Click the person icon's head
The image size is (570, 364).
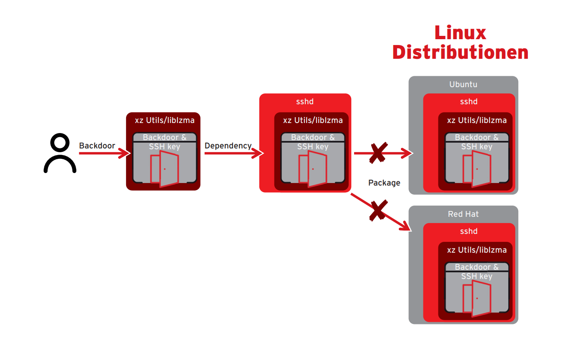(x=60, y=143)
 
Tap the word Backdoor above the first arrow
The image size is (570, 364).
(x=97, y=146)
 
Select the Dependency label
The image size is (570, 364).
(x=228, y=146)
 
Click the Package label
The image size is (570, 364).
(x=384, y=183)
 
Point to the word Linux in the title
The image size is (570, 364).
(x=460, y=33)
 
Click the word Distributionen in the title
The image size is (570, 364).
(x=460, y=53)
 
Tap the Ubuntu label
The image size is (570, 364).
(x=463, y=85)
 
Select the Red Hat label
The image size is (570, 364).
(x=463, y=214)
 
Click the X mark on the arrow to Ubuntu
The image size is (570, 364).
(x=377, y=153)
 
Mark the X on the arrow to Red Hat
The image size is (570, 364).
(x=377, y=210)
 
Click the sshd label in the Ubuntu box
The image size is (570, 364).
(x=469, y=102)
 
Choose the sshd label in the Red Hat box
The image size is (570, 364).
(x=469, y=231)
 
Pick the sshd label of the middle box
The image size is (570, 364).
(x=305, y=102)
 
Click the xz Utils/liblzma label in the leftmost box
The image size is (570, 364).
(x=165, y=120)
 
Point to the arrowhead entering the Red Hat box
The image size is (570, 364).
(x=407, y=228)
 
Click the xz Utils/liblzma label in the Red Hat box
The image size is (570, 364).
(x=477, y=250)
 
